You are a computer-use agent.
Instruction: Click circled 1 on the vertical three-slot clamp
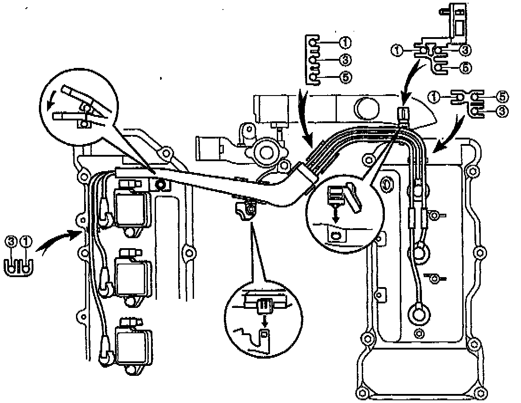(x=345, y=43)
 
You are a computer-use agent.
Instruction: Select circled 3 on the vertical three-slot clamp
(x=345, y=60)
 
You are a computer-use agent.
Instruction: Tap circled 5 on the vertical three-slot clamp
(x=345, y=77)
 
